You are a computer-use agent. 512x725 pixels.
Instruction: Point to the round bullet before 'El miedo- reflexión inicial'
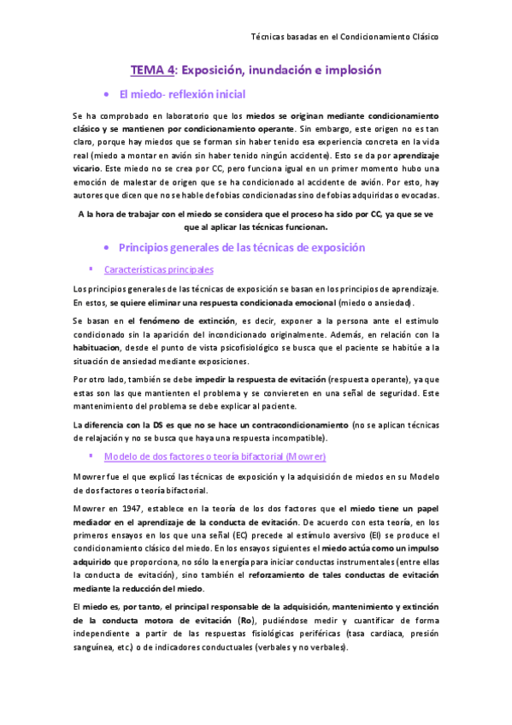[105, 94]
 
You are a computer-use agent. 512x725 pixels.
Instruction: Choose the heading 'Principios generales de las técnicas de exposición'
[242, 247]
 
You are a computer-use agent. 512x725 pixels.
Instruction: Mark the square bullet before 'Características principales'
[104, 268]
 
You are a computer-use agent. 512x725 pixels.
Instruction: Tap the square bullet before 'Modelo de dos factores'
[104, 456]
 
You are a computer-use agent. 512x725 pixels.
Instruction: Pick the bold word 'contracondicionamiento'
[294, 425]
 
